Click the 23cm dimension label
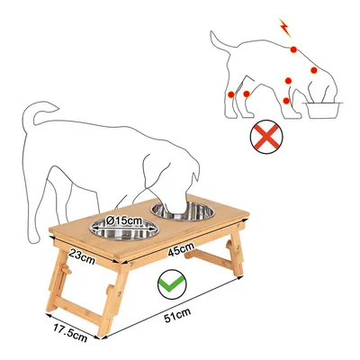82,256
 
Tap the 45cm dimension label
181,249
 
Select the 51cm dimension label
177,315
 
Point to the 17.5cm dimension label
70,332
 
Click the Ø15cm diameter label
124,221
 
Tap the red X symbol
266,137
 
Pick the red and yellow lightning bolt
285,28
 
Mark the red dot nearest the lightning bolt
293,49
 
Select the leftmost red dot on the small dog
230,94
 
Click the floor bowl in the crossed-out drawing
323,111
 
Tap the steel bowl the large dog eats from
183,211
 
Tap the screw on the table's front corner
131,265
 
